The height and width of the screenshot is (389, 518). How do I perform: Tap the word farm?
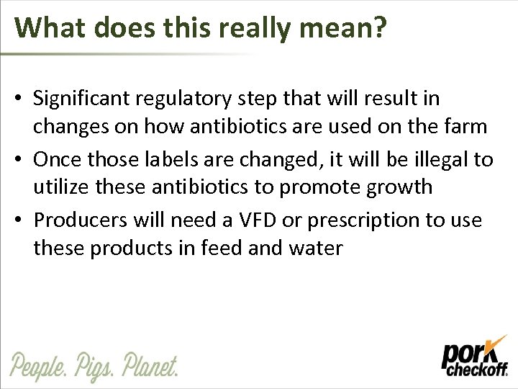point(468,128)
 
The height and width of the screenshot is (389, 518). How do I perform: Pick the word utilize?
point(59,188)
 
